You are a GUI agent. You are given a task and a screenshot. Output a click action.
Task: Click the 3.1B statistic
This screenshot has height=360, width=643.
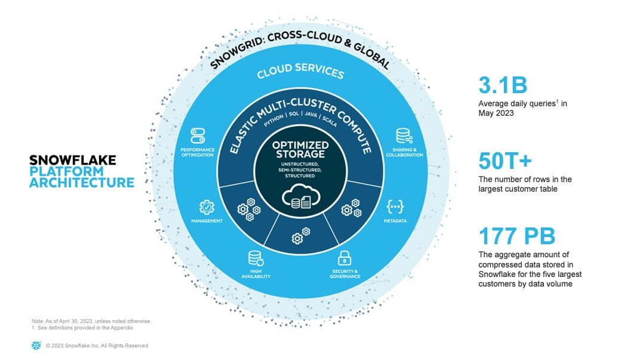pyautogui.click(x=503, y=85)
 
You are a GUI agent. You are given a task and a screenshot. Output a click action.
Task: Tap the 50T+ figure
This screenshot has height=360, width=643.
pyautogui.click(x=504, y=161)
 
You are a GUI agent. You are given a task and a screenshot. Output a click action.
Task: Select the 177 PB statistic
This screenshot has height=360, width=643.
pyautogui.click(x=518, y=236)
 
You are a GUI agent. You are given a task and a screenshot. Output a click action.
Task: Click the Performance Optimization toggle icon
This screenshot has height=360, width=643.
pyautogui.click(x=198, y=135)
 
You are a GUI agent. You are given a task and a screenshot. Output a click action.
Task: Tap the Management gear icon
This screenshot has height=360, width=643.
pyautogui.click(x=207, y=207)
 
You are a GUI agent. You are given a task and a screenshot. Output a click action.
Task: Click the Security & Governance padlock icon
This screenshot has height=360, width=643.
pyautogui.click(x=344, y=258)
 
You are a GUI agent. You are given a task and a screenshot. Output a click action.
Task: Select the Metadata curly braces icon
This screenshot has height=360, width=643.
pyautogui.click(x=395, y=207)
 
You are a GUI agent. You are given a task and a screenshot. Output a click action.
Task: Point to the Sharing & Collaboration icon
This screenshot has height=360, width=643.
pyautogui.click(x=404, y=136)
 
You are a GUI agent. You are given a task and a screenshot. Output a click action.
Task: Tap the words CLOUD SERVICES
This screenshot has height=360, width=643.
pyautogui.click(x=300, y=71)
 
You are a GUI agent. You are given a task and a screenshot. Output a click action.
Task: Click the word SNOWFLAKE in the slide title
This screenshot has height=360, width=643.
pyautogui.click(x=73, y=160)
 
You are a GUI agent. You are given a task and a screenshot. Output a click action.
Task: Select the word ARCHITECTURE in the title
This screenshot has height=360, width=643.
pyautogui.click(x=82, y=183)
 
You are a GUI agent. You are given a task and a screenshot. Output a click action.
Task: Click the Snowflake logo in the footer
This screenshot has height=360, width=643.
pyautogui.click(x=36, y=346)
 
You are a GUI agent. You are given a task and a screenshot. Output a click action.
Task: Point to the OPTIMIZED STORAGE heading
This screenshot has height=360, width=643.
pyautogui.click(x=300, y=149)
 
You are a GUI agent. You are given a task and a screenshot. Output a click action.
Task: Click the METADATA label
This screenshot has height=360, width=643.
pyautogui.click(x=395, y=221)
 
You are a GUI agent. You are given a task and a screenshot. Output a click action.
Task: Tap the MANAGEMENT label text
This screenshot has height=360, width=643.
pyautogui.click(x=207, y=221)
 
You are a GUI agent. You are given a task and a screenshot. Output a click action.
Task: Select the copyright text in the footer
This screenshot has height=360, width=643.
pyautogui.click(x=97, y=346)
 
